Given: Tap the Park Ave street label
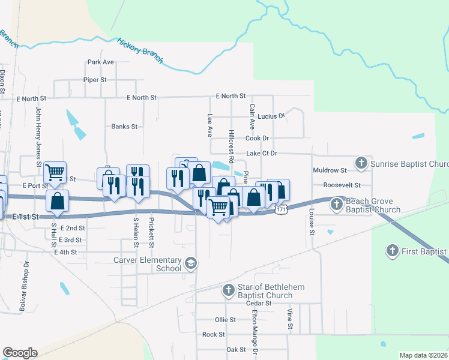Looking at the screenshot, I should coord(100,62).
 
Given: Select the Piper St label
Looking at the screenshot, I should coord(95,79).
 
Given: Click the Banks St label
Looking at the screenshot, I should coord(124,127).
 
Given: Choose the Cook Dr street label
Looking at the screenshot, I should coord(257,138).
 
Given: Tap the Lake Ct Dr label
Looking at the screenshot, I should coord(261,154).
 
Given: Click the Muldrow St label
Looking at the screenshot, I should coord(330,170).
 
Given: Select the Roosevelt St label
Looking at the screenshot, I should coord(341,185).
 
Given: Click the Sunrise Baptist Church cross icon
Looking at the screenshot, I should coord(361,163).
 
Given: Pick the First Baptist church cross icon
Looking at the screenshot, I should coord(392,251).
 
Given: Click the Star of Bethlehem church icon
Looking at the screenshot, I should coord(228,291).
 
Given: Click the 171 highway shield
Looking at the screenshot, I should coord(281,210).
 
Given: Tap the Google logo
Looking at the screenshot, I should coord(20,353).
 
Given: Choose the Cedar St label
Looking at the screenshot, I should coord(259,304).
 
